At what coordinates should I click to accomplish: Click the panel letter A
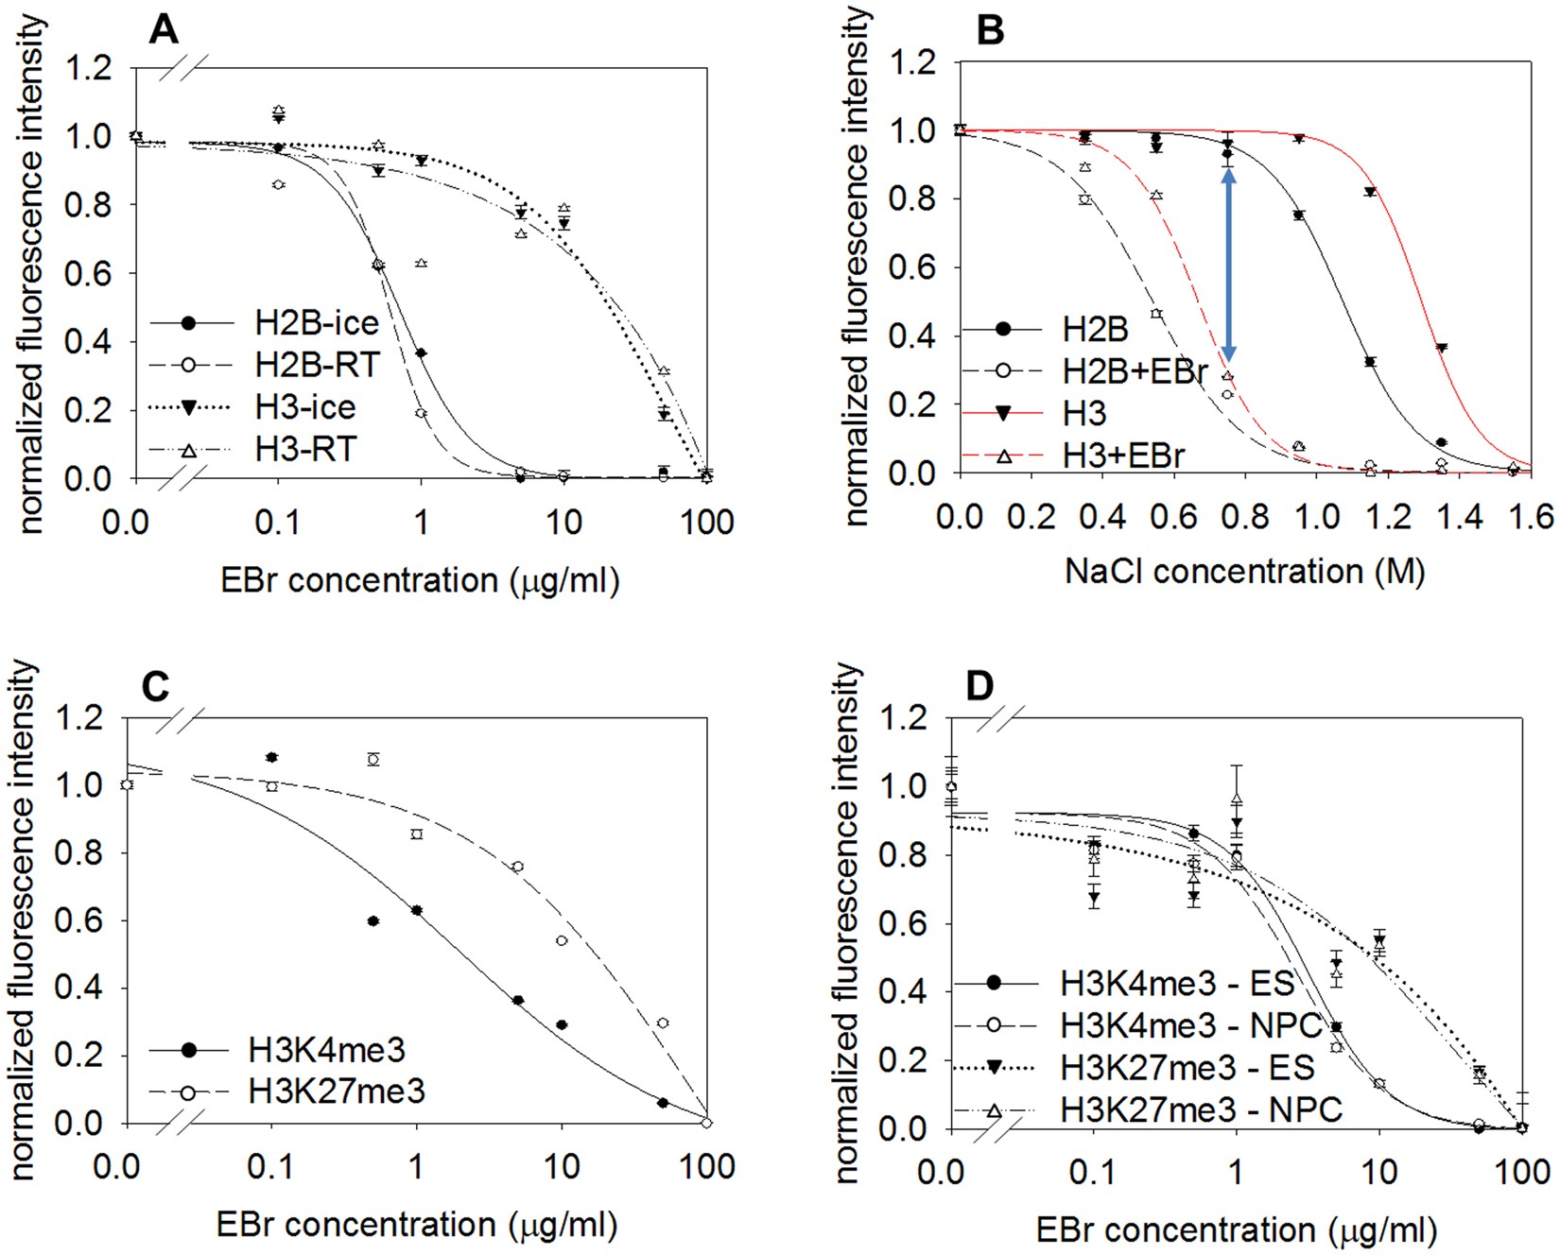163,30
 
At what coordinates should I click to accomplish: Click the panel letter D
980,685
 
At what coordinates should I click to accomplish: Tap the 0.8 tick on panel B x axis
1245,517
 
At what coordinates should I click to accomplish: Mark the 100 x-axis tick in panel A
706,523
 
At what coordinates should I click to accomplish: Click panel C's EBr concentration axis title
417,1225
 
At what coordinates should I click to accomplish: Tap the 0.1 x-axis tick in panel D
1092,1173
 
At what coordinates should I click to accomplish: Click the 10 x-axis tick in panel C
562,1167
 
